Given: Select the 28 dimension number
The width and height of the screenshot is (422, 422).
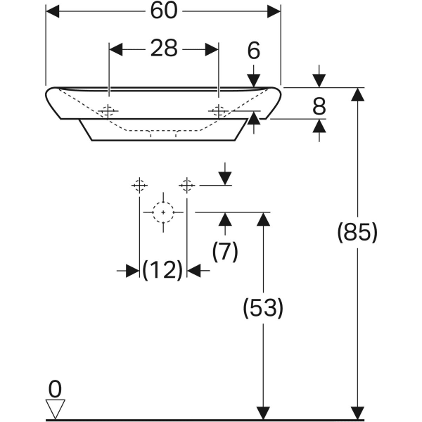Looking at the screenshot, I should pos(164,49).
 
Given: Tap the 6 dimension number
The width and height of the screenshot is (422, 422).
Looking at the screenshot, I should pos(254,50).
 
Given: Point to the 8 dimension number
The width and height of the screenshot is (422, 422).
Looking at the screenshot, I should pos(319,106).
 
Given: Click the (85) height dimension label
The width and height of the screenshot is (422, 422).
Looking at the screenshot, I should pos(358,232).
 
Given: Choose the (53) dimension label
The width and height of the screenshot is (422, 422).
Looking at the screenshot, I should pos(263,307).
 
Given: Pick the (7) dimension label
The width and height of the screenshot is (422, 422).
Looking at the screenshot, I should pos(225,251).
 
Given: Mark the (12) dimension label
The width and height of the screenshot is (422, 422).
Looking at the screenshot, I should pos(163,269).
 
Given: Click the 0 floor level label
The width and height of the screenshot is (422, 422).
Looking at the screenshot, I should pos(55,388).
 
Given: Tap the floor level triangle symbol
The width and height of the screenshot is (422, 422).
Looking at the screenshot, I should pos(55,409).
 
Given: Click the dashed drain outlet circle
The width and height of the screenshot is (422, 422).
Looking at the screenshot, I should pos(163,211).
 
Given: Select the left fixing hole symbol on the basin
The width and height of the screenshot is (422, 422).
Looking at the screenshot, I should pos(108,111).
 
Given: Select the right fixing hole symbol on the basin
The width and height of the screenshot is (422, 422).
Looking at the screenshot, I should pos(218,111).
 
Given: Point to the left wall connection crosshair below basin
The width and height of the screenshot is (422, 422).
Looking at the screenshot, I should pos(139,185).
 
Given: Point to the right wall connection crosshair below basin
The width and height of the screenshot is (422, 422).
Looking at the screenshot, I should pos(186,185).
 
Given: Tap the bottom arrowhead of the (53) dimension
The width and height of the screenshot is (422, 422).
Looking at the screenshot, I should pos(263,414).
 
